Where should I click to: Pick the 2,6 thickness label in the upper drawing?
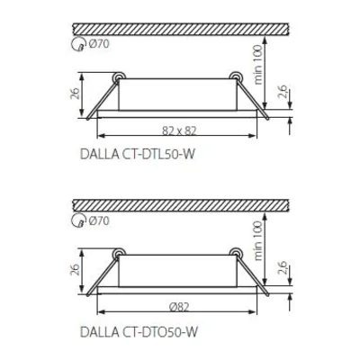(281, 92)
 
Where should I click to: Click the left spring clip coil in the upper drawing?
(116, 77)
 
